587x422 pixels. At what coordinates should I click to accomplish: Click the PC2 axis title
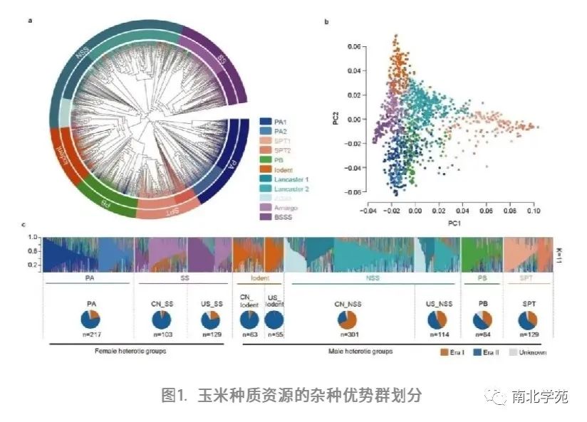[334, 118]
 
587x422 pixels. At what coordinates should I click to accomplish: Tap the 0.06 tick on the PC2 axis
[353, 46]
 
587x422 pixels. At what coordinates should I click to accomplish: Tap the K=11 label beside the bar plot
[559, 253]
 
